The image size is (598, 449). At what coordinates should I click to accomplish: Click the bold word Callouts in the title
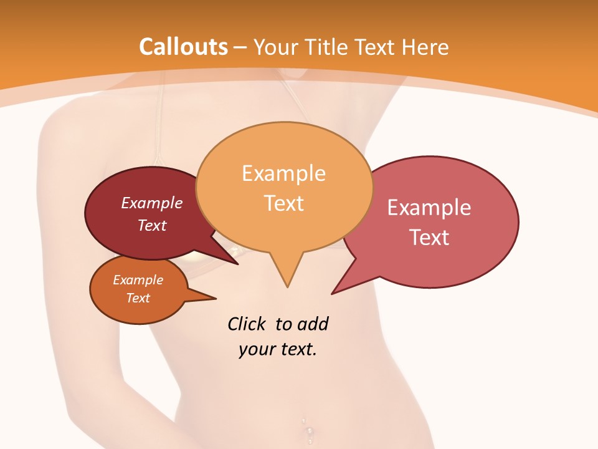pos(183,47)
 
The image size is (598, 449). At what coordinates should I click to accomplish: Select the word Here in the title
pos(425,47)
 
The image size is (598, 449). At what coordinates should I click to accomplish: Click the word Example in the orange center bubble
pos(283,173)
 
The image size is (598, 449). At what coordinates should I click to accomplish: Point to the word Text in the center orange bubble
pos(284,203)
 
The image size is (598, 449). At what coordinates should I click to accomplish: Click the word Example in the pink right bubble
pos(429,208)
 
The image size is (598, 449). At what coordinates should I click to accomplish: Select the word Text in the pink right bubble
pos(429,237)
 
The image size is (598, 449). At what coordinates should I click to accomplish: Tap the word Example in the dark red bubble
pos(152,203)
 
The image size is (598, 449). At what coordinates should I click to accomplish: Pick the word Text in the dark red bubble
pos(152,225)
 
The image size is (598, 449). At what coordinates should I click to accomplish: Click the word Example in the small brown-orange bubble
pos(138,280)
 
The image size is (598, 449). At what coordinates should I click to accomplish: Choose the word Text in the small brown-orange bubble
pos(138,298)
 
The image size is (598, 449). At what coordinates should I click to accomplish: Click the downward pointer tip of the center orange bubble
pos(287,286)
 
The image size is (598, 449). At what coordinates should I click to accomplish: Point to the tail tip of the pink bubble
pos(333,293)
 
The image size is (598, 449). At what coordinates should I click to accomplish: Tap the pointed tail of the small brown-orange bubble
pos(215,298)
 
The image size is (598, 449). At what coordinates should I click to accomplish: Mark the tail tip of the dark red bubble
pos(237,264)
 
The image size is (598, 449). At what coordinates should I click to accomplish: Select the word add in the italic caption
pos(313,324)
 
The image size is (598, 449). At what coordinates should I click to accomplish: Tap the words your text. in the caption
pos(278,349)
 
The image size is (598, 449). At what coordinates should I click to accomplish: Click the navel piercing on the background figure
pos(308,430)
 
